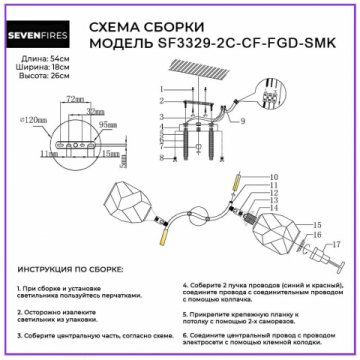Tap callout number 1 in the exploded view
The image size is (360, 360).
pos(162,100)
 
